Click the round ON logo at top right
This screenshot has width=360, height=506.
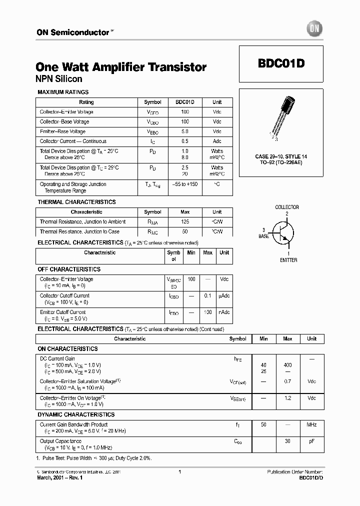coord(315,29)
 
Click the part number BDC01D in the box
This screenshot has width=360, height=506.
coord(281,64)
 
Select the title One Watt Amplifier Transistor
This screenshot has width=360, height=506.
coord(121,67)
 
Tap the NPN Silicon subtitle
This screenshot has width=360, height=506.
coord(59,79)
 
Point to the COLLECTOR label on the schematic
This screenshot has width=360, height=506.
coord(287,207)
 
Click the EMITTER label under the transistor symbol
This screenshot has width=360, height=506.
coord(288,260)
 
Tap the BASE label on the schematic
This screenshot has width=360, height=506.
coord(263,236)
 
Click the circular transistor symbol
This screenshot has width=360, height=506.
coord(283,233)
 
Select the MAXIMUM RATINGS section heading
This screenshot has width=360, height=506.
coord(63,92)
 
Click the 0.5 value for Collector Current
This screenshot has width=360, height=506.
coord(185,141)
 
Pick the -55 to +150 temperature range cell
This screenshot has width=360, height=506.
coord(185,184)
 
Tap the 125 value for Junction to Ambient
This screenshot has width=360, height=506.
coord(185,222)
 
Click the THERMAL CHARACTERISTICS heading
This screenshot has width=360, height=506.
coord(76,202)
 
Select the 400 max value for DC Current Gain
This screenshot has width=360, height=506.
coord(287,365)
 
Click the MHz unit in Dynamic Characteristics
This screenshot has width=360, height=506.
coord(311,425)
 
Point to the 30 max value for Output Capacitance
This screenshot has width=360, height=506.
coord(287,441)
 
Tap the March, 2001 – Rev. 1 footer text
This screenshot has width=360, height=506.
coord(59,478)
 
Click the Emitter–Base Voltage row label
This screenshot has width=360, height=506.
coord(62,131)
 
